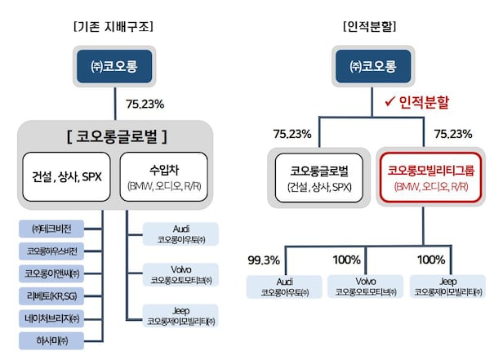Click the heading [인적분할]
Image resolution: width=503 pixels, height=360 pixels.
click(x=369, y=24)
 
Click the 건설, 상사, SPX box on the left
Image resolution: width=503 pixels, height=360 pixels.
click(x=67, y=176)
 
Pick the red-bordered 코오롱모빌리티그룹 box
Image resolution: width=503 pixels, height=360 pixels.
click(x=425, y=176)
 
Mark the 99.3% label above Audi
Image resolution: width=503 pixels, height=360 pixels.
click(x=264, y=260)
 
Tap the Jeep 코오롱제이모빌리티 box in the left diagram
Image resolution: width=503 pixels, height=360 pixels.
click(x=179, y=314)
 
